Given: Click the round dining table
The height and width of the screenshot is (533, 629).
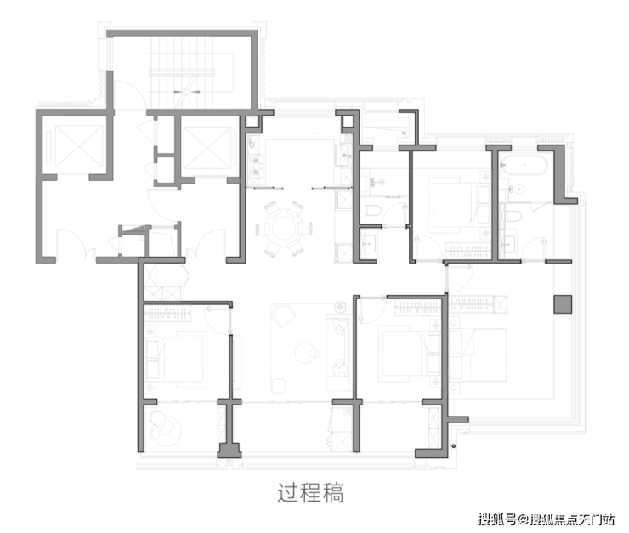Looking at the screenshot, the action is (284, 229).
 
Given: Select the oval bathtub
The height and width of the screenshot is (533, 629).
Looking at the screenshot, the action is (523, 165).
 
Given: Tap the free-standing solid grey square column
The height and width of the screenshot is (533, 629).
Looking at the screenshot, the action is (563, 304).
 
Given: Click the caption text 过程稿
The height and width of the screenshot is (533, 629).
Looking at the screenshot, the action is (310, 493).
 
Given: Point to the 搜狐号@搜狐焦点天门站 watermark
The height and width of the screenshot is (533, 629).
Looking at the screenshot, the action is (546, 519).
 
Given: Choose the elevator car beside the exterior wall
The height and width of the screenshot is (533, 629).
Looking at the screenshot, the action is (79, 145).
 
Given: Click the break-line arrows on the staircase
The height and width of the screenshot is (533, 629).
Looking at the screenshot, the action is (186, 92).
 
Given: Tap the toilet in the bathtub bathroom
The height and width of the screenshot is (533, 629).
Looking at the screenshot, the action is (513, 217).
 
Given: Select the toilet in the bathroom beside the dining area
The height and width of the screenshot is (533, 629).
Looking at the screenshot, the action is (374, 210).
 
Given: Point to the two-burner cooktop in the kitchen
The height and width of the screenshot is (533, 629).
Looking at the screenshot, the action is (256, 167).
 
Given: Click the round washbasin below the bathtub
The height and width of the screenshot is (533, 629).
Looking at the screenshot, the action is (519, 189).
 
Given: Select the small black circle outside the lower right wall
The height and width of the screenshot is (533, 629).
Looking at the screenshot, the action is (454, 446).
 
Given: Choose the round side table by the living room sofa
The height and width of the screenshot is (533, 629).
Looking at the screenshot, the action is (341, 308).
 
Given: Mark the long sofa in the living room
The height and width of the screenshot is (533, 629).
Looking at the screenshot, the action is (337, 347).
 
